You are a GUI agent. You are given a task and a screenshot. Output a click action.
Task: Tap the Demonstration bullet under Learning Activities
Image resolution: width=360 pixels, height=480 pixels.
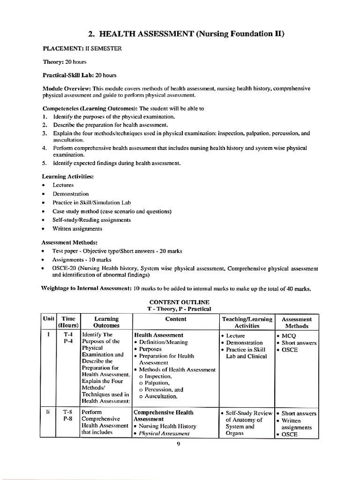point(70,194)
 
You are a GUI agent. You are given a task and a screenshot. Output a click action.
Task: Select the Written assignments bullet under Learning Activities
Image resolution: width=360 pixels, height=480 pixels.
point(77,229)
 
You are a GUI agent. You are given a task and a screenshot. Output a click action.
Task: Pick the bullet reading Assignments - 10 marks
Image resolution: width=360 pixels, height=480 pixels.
point(82,260)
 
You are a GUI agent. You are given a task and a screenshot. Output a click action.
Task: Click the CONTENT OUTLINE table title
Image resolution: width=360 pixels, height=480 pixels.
point(180,301)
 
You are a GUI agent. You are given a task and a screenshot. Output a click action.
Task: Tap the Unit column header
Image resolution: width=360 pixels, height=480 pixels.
point(49,319)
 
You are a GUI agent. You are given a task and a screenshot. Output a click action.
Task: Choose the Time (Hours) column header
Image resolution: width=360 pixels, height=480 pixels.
point(68,322)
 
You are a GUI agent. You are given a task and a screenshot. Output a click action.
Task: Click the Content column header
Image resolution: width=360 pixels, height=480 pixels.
point(176,319)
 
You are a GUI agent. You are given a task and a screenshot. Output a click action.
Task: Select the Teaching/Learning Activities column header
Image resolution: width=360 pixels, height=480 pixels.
point(247,322)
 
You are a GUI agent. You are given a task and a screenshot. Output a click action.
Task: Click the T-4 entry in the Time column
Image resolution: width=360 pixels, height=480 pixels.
point(68,335)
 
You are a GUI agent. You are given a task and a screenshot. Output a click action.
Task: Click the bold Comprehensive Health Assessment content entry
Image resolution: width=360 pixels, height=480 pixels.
point(164,416)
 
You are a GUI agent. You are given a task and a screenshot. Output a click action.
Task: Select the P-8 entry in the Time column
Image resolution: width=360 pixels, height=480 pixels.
point(68,420)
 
